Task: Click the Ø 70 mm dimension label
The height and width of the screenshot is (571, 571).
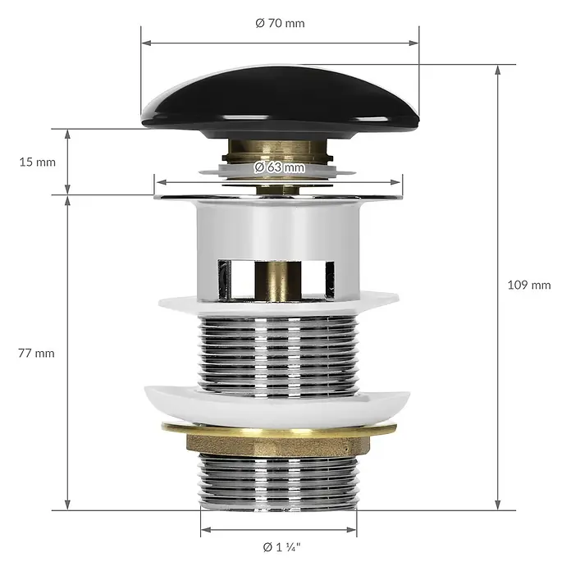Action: [x=280, y=23]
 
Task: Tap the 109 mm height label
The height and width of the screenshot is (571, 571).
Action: [x=529, y=285]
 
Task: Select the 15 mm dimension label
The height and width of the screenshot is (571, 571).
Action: [x=38, y=162]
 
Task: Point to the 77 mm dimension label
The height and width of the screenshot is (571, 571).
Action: [x=36, y=354]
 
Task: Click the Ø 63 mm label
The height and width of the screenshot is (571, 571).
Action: [x=280, y=167]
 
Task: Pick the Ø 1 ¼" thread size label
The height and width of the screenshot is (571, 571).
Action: [x=282, y=547]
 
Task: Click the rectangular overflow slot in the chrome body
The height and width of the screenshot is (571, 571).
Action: [x=276, y=281]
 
